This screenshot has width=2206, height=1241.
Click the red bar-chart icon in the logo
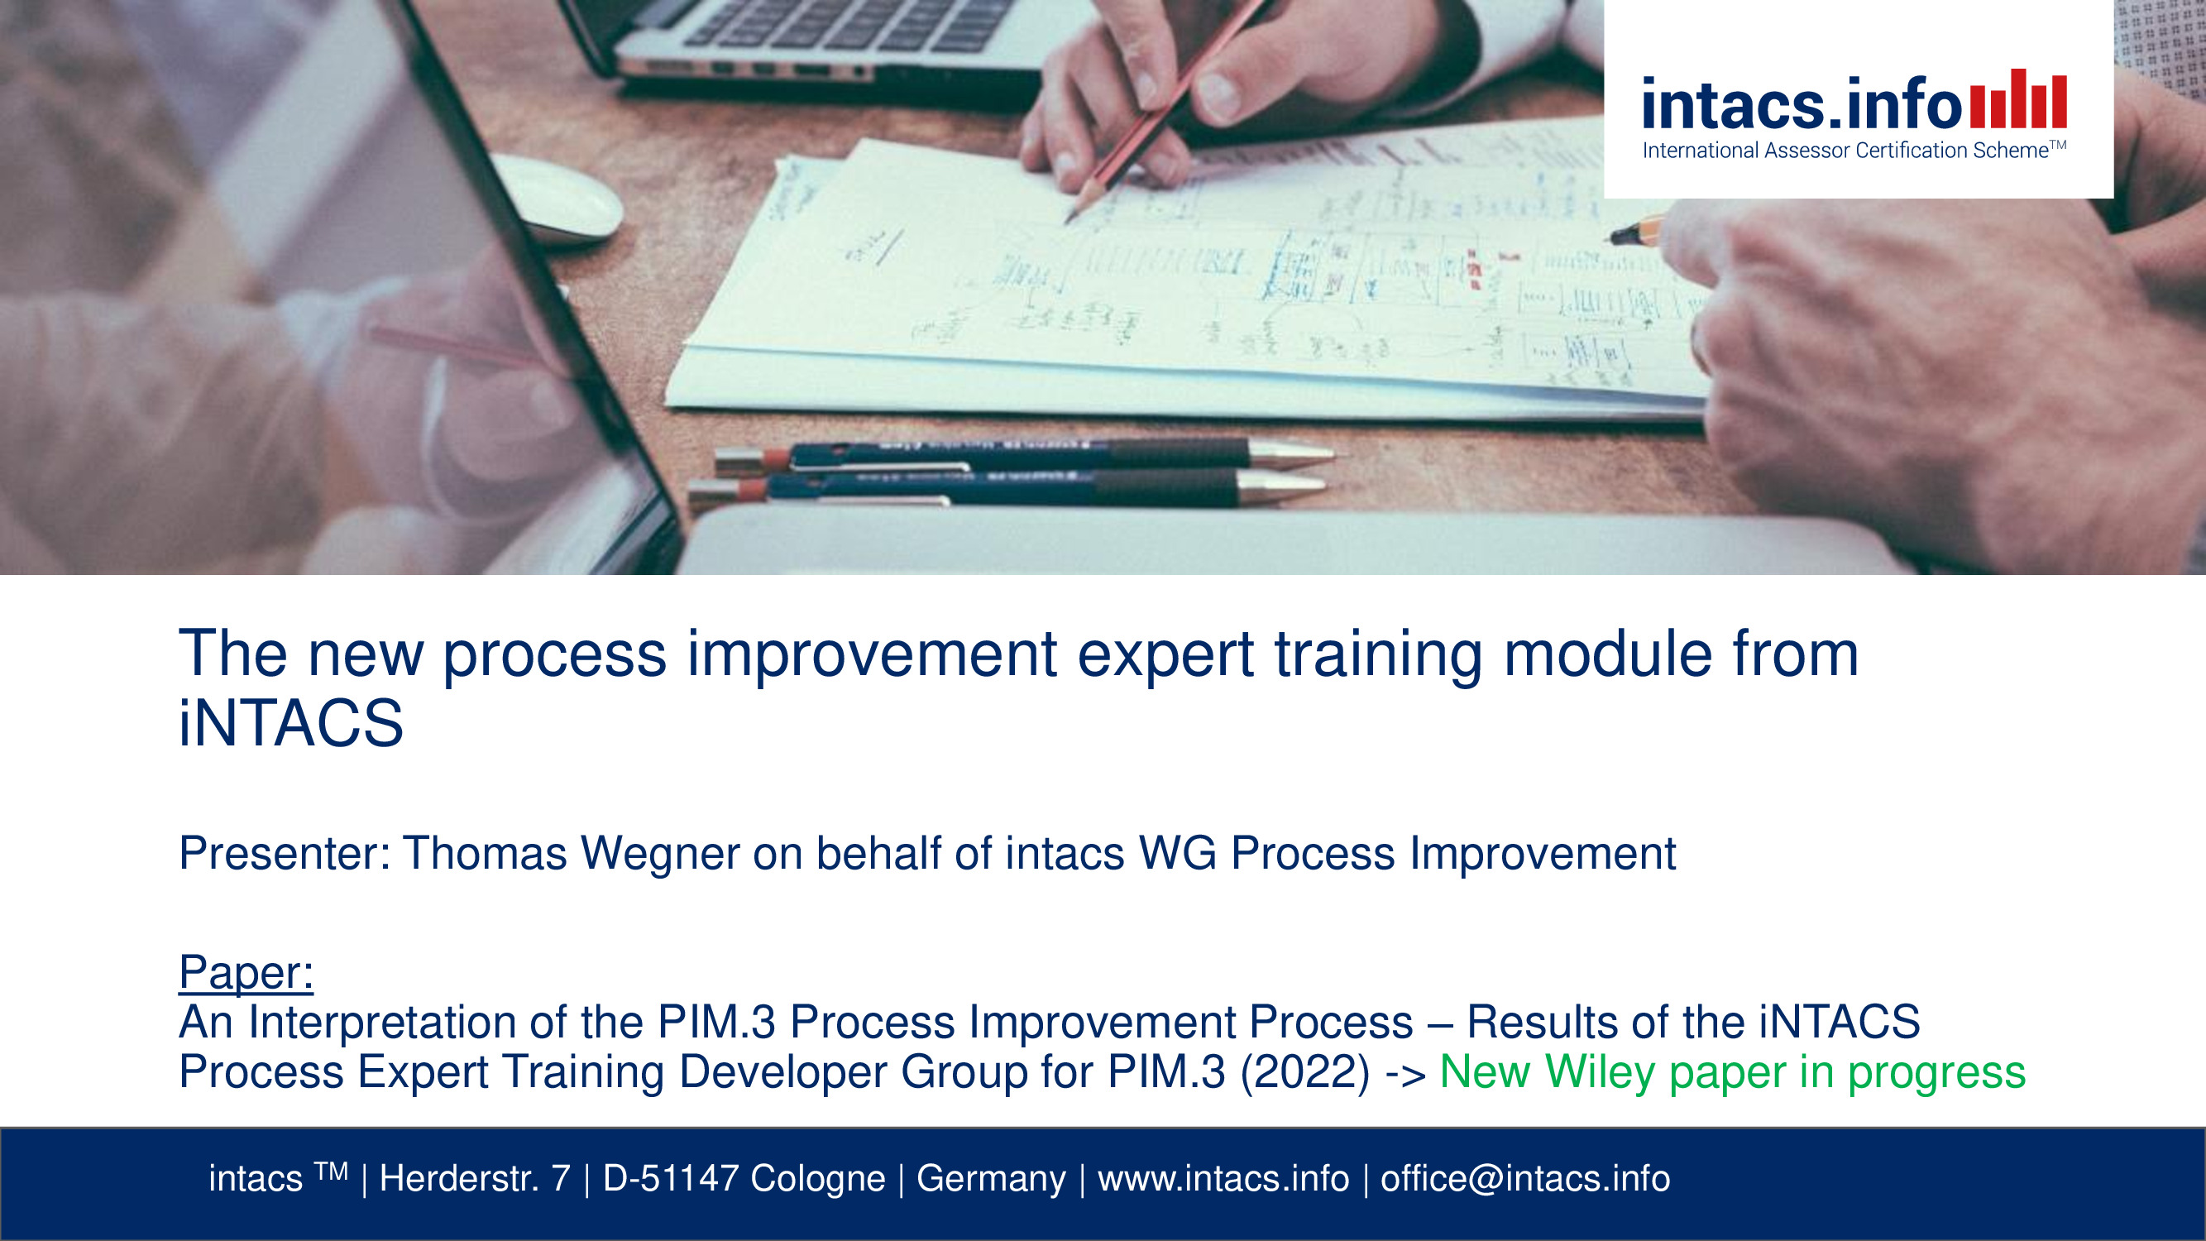point(2018,98)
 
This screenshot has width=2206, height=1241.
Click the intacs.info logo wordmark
point(1802,103)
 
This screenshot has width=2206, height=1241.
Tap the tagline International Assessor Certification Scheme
point(1854,150)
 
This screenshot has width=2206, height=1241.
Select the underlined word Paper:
point(246,973)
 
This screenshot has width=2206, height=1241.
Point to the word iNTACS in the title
point(290,723)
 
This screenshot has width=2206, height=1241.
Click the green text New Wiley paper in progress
point(1732,1072)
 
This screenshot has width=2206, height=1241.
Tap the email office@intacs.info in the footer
point(1525,1178)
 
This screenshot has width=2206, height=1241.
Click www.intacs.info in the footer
point(1223,1178)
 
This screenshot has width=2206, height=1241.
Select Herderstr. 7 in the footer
point(475,1178)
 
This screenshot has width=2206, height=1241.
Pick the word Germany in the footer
point(991,1179)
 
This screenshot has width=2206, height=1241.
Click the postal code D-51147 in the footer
point(671,1178)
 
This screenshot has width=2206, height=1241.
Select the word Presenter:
point(285,853)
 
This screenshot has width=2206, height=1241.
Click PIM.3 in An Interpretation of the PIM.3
point(716,1023)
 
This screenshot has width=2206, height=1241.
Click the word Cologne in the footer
point(818,1179)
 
